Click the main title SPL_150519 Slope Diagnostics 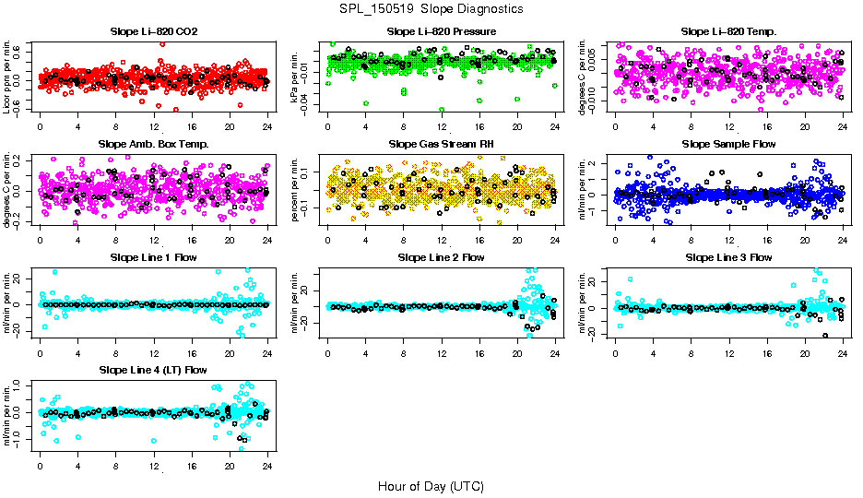click(431, 8)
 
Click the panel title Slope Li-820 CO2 click(153, 31)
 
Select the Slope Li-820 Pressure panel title click(442, 31)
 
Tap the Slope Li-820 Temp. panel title click(728, 31)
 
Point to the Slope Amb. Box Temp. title click(153, 144)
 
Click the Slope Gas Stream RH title click(442, 144)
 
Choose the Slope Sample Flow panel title click(728, 144)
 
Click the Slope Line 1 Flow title click(153, 257)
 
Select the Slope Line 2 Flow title click(442, 257)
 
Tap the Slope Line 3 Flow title click(728, 257)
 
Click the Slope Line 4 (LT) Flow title click(153, 370)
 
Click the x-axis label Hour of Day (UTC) click(431, 486)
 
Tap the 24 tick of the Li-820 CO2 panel click(267, 127)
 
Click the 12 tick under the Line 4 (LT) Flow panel click(154, 467)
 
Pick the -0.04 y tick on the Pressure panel click(313, 108)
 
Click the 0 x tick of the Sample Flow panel click(616, 241)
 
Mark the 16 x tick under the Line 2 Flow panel click(479, 353)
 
